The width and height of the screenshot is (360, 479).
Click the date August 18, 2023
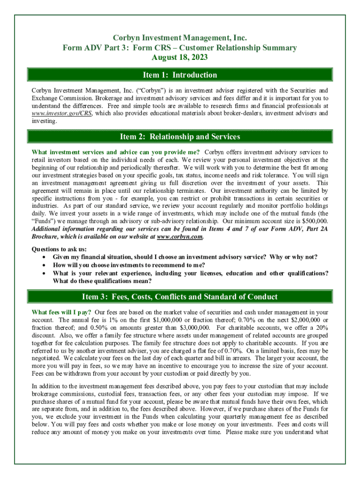[180, 58]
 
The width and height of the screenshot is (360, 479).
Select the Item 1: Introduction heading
[180, 75]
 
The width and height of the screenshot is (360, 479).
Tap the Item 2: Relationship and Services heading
[180, 137]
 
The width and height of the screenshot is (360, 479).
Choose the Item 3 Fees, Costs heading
[180, 297]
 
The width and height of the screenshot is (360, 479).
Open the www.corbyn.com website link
[180, 237]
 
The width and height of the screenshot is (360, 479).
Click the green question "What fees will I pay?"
[61, 312]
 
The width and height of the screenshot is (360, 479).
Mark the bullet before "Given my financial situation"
[44, 257]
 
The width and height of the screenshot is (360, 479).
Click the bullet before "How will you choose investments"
[44, 265]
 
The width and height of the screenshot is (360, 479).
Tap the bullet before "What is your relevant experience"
[44, 273]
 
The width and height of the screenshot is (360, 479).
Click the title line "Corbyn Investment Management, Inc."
[180, 37]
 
